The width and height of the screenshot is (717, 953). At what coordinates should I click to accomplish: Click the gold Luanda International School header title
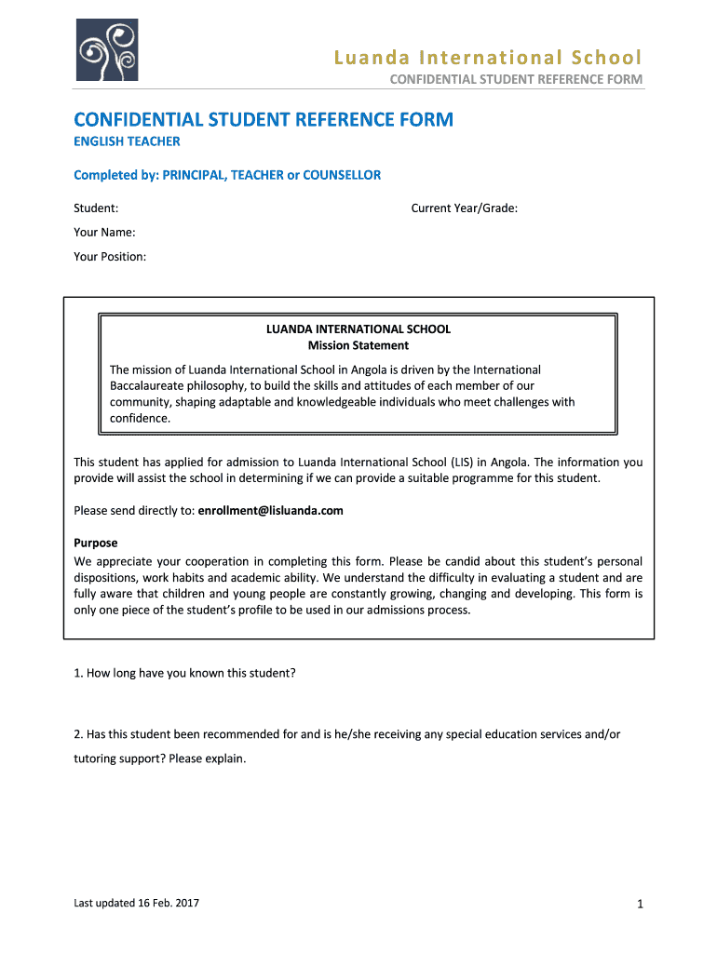coord(489,59)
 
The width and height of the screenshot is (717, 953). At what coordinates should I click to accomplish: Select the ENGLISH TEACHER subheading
coord(127,141)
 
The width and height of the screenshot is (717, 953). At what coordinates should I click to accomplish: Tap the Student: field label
coord(96,208)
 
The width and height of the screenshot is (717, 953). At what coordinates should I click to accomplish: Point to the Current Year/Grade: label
coord(464,208)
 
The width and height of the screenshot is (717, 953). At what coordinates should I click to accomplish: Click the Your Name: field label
coord(104,232)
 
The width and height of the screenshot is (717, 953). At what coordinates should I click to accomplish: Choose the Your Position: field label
coord(110,256)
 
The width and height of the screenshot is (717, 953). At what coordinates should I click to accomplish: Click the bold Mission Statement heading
coord(358,345)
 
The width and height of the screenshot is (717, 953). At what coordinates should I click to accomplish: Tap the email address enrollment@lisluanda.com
coord(271,511)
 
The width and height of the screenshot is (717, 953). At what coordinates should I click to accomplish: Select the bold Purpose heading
coord(96,543)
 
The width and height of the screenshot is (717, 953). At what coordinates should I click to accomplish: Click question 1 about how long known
coord(184,672)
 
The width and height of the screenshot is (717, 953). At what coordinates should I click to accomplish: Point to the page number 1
coord(641,904)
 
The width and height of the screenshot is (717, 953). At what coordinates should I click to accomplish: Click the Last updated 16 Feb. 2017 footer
coord(136,903)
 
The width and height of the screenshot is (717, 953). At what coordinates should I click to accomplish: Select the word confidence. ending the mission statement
coord(141,419)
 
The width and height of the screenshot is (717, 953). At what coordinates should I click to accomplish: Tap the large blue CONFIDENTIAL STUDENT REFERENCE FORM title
coord(264,119)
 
